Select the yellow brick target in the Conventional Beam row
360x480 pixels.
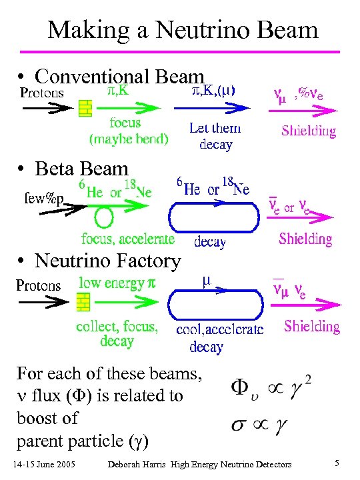click(x=85, y=107)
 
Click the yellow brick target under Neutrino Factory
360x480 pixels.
click(x=83, y=303)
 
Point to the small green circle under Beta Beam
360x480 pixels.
click(x=103, y=217)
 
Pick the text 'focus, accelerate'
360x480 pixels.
click(x=128, y=238)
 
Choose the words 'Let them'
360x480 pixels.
click(x=215, y=129)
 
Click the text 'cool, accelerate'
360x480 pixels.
click(x=219, y=329)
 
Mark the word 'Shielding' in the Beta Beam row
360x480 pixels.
click(x=305, y=238)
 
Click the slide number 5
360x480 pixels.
click(x=338, y=463)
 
